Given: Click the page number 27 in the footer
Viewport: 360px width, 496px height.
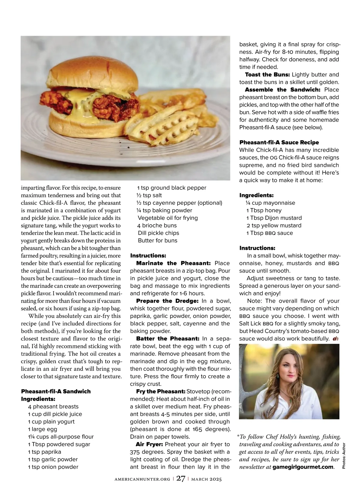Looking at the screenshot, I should point(181,479).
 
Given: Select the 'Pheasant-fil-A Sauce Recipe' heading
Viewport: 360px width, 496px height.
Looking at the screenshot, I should point(279,142).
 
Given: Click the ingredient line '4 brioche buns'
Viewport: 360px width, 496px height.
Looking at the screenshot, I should point(157,225).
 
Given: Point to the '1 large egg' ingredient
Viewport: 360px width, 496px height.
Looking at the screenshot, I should point(43,429).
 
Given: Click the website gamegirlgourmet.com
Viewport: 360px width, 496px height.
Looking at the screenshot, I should point(303,467).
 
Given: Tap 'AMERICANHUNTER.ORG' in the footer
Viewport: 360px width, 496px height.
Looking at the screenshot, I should point(142,479).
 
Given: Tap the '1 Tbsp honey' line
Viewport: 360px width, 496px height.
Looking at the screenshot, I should point(264,210).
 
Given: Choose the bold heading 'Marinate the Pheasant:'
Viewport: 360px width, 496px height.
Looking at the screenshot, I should point(174,263).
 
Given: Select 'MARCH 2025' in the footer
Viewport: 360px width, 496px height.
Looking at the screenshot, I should point(207,479).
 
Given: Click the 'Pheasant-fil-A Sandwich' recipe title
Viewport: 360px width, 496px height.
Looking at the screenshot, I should point(55,392).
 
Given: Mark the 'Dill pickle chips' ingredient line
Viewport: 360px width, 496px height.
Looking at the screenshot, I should point(158,233).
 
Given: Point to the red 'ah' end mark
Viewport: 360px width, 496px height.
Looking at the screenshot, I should point(336,339).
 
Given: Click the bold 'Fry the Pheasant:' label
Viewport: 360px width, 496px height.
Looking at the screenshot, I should point(161,392).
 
